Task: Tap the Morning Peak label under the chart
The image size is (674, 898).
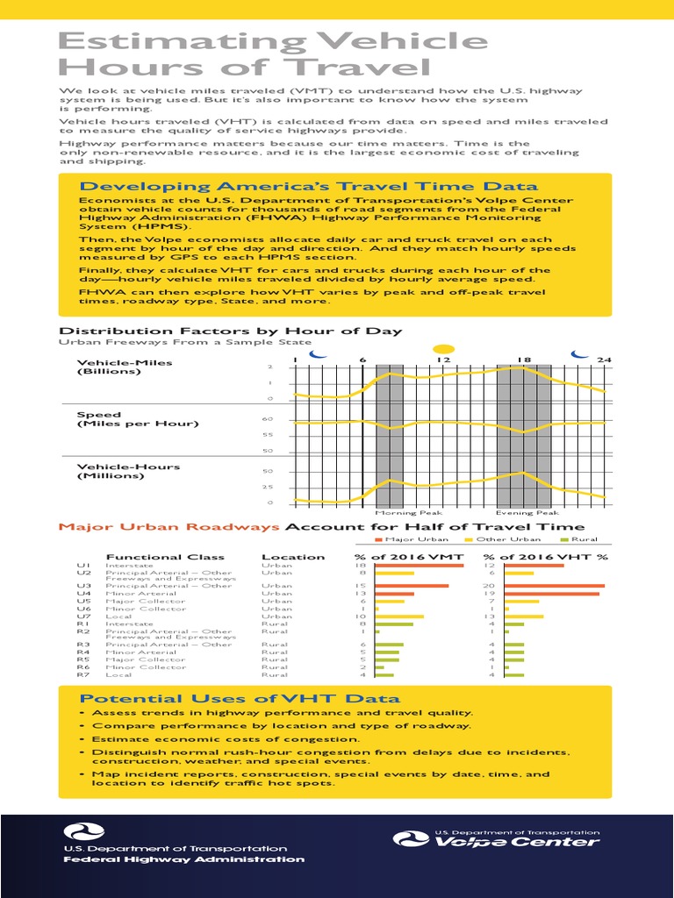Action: click(397, 513)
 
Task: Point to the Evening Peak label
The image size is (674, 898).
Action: click(527, 513)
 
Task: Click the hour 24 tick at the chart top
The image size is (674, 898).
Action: click(603, 360)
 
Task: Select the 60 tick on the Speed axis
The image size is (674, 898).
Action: click(268, 419)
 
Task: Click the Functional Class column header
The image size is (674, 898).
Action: click(165, 557)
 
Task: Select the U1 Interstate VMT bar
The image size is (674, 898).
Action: click(419, 567)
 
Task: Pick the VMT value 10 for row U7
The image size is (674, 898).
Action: click(359, 616)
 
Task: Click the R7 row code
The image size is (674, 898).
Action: click(83, 675)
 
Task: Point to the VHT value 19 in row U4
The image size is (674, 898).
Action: click(491, 594)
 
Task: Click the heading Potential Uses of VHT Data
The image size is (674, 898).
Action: click(240, 698)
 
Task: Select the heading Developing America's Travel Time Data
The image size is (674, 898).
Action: click(308, 186)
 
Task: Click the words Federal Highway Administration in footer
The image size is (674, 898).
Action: click(183, 859)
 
